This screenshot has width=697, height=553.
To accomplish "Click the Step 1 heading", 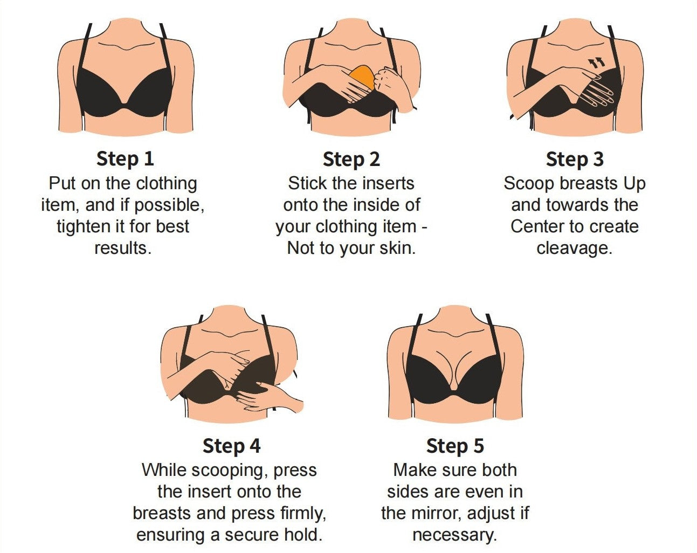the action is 125,159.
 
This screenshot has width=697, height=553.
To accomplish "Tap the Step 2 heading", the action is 351,160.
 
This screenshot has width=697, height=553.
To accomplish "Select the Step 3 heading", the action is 575,160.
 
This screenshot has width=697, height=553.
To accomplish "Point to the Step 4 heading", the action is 232,446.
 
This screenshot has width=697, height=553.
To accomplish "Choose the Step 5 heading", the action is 455,446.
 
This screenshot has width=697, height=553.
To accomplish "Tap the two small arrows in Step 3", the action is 597,63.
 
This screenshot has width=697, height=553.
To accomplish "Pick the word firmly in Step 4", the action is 302,514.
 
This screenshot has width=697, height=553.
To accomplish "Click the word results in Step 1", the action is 123,248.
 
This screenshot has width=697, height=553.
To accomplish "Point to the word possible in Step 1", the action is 169,205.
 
